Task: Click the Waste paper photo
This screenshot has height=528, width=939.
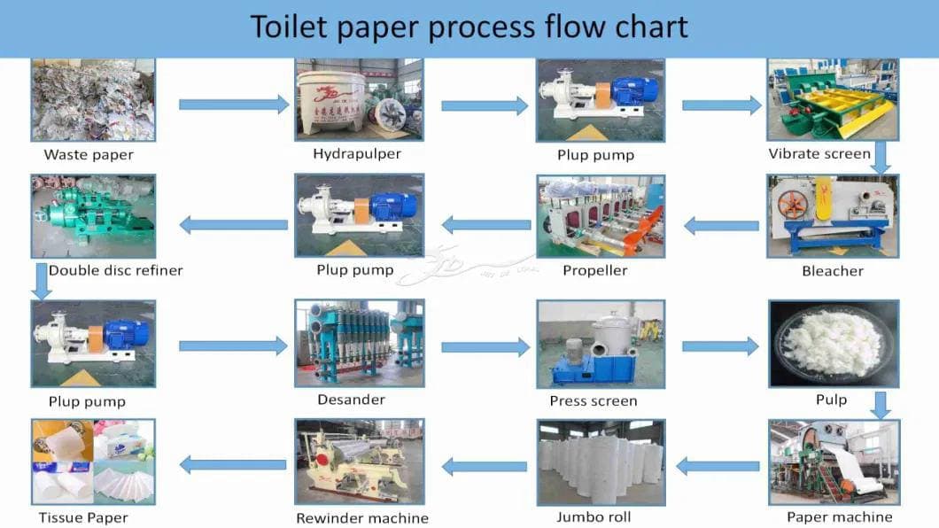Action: pos(93,99)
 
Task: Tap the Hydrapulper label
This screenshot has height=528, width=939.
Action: pos(357,153)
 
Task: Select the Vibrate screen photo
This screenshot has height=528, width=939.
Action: pos(832,99)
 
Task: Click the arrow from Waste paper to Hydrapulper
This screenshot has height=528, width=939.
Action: pos(234,105)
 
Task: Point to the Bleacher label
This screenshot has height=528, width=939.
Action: pos(832,270)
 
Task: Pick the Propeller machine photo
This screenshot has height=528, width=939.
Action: pos(600,215)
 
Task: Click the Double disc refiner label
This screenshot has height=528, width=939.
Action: pos(115,270)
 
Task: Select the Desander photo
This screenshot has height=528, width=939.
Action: pos(359,343)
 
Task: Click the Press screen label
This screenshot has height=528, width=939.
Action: pos(593,400)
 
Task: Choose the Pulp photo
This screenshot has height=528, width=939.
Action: pos(832,343)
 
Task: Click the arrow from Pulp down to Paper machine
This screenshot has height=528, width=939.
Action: pos(880,405)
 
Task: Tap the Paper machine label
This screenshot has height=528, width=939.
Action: pos(839,516)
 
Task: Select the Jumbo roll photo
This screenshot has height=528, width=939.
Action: pos(600,462)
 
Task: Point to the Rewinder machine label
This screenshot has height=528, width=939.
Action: pos(361,517)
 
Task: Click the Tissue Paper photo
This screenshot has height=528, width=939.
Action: pos(93,462)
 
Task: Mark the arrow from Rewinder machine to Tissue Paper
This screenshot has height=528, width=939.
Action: pos(234,463)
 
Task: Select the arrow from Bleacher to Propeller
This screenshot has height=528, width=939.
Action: pos(721,225)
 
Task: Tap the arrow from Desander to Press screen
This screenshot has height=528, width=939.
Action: pos(485,346)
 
